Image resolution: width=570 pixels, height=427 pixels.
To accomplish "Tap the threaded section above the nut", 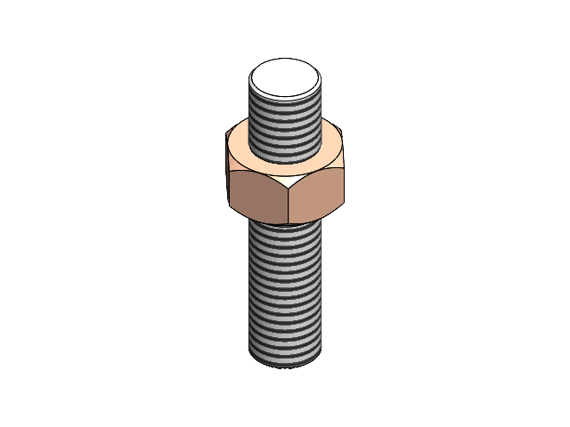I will (x=285, y=129).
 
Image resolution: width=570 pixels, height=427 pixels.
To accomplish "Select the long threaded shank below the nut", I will (x=285, y=294).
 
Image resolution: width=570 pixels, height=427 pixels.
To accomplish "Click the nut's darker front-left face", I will (x=260, y=197).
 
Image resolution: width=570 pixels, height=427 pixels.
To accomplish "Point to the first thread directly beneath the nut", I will (x=285, y=229).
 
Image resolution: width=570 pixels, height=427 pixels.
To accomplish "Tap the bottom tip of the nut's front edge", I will (x=289, y=224).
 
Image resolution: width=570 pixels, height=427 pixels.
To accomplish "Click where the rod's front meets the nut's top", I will (x=285, y=165).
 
